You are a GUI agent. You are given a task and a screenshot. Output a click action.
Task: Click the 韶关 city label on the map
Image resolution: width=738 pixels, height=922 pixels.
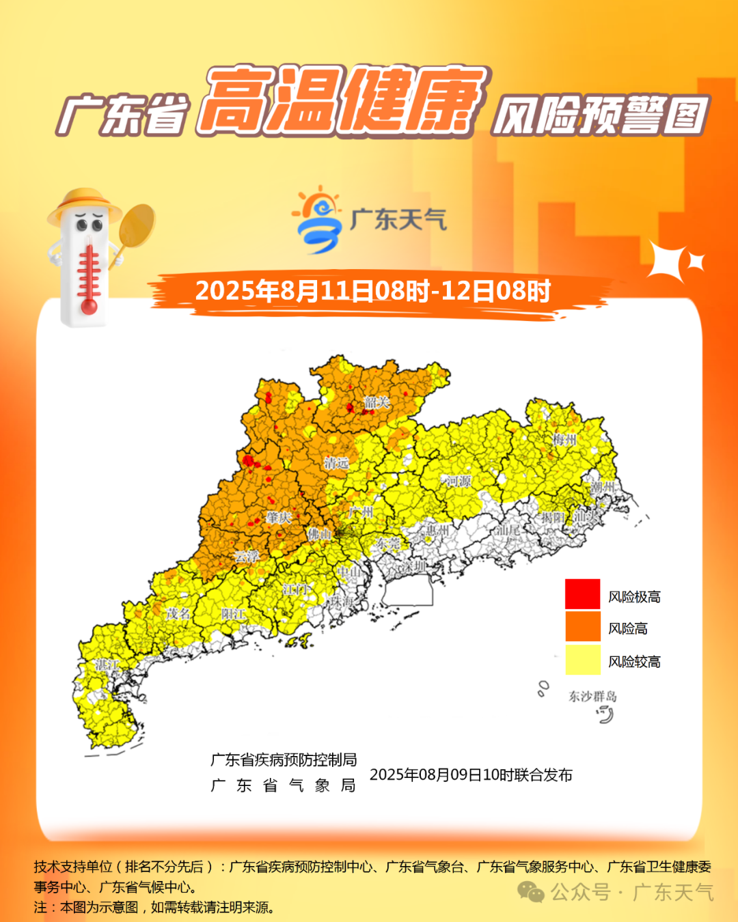(x=377, y=402)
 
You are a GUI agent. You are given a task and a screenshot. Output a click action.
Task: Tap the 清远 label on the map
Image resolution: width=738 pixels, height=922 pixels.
(x=336, y=463)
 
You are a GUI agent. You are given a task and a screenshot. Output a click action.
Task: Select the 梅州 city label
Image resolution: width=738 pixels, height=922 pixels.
(x=564, y=439)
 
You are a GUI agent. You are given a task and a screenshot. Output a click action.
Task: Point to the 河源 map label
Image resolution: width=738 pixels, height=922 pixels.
(x=459, y=481)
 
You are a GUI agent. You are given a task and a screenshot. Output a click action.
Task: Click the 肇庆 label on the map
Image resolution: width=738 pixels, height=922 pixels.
(x=279, y=518)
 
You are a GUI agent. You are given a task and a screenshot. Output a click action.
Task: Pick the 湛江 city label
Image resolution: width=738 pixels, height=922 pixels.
(x=107, y=664)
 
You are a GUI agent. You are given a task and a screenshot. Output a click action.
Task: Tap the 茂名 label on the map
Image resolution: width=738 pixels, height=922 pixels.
(x=178, y=613)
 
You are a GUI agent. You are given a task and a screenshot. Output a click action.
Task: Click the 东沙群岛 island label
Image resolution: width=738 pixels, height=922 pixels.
(x=592, y=696)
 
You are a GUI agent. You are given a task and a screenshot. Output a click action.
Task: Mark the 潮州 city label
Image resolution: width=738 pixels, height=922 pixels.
(x=602, y=487)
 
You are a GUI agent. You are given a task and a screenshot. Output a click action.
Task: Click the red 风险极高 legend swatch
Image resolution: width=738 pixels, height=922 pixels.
(x=582, y=594)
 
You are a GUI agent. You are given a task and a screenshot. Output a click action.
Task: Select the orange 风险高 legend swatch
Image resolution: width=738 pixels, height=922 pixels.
(x=582, y=627)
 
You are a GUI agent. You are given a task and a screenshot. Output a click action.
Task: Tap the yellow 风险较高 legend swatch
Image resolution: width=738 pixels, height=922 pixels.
(x=582, y=660)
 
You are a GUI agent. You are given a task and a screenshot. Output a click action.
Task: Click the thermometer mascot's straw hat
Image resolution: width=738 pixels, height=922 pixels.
(x=84, y=204)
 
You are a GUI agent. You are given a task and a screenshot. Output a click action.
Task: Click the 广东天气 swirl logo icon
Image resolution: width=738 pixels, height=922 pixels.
(x=318, y=219)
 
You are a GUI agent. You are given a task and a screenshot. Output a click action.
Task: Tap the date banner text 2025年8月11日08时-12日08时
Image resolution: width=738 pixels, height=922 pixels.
(x=373, y=292)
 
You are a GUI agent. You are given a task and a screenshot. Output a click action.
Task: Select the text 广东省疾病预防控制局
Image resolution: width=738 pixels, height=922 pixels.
(x=284, y=759)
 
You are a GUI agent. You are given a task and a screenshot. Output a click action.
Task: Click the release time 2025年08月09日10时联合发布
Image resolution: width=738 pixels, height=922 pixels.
(x=471, y=774)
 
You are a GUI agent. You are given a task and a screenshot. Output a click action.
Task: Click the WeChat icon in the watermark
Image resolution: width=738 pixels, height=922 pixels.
(x=530, y=891)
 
